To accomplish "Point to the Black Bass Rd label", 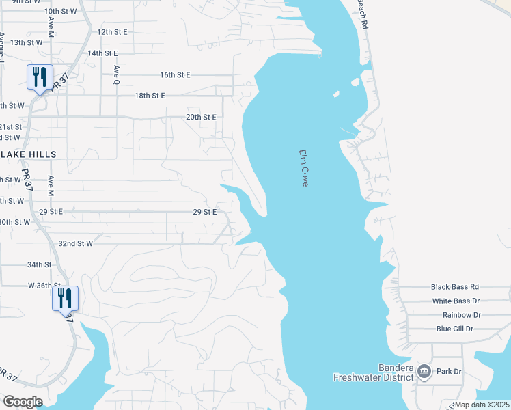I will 455,288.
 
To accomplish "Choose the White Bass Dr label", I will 456,301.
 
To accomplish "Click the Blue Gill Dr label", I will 455,329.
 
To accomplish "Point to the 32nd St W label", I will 75,243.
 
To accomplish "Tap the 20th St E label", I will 201,117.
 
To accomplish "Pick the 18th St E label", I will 150,96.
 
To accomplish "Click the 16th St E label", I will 175,74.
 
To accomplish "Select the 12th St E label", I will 113,32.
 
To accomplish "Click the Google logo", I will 23,402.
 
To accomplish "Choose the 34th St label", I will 40,264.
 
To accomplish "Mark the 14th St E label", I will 102,53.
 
